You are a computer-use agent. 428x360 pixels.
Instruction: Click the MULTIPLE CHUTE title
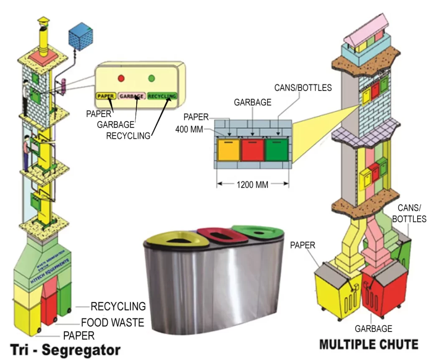pyautogui.click(x=368, y=345)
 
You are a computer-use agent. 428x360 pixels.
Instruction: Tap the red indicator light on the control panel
pyautogui.click(x=121, y=78)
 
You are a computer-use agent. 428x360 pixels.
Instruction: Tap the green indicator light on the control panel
pyautogui.click(x=152, y=78)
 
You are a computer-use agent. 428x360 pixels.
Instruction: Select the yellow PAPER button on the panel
pyautogui.click(x=105, y=96)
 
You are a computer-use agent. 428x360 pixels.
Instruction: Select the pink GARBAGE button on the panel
pyautogui.click(x=132, y=96)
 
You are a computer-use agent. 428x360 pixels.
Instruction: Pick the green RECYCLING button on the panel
pyautogui.click(x=162, y=96)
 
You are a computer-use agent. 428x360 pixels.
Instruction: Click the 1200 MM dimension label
pyautogui.click(x=252, y=184)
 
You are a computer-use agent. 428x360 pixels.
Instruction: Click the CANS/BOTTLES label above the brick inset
pyautogui.click(x=303, y=88)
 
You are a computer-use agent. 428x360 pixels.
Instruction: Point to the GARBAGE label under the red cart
pyautogui.click(x=373, y=329)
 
